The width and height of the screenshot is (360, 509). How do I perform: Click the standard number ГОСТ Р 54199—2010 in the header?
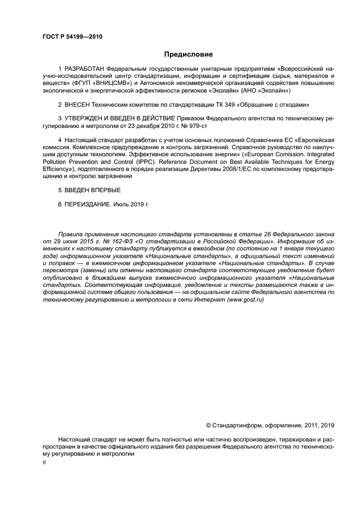(x=72, y=36)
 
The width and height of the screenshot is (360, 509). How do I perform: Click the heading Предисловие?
(x=188, y=54)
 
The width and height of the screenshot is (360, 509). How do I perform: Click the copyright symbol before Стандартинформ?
(x=208, y=426)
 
